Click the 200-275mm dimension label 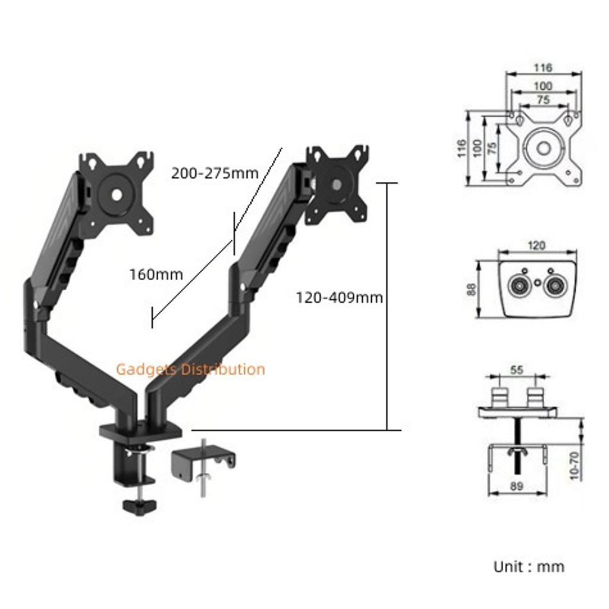click(215, 173)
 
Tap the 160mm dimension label click(156, 275)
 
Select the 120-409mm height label click(340, 298)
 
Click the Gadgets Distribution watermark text click(191, 369)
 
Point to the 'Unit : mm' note click(529, 567)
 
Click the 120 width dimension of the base click(536, 246)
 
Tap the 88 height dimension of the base click(472, 290)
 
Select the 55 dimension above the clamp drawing click(517, 370)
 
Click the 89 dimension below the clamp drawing click(517, 486)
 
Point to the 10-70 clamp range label click(575, 466)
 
